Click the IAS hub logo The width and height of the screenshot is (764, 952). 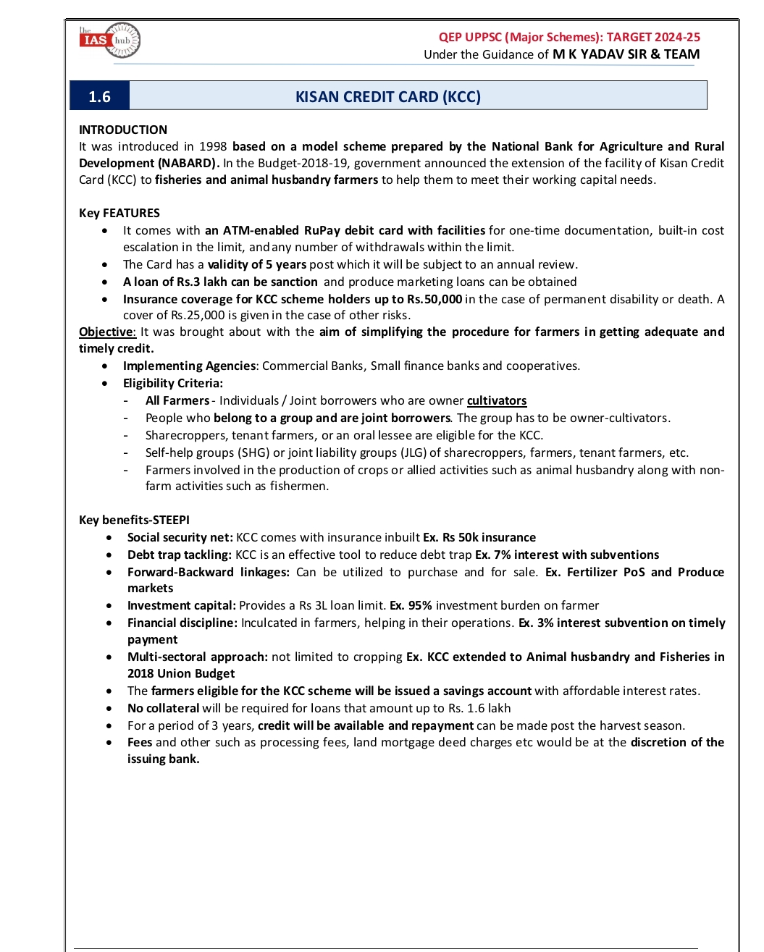coord(109,41)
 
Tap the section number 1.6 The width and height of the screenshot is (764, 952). coord(99,97)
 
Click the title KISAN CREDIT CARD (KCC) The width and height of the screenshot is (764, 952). coord(387,97)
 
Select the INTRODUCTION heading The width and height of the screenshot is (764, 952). coord(123,130)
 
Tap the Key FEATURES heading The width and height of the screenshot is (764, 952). coord(119,213)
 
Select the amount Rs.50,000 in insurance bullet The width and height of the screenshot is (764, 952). coord(433,299)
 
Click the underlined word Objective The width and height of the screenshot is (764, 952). coord(106,332)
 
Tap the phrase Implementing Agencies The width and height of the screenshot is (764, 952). coord(189,366)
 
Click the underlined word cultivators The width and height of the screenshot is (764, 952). coord(497,400)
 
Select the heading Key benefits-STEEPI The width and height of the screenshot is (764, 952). coord(134,520)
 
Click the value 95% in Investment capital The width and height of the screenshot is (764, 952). coord(420,605)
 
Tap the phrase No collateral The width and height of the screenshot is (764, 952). coord(163,708)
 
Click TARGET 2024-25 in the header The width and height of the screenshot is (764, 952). coord(653,37)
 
